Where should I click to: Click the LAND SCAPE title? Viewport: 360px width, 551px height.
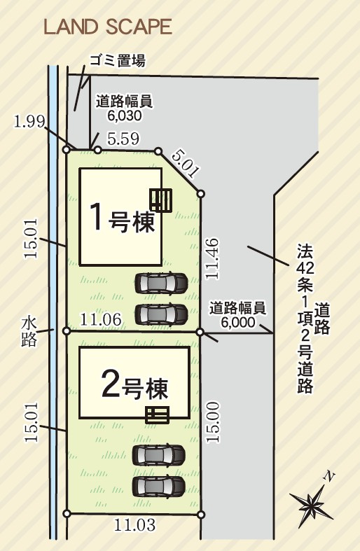[107, 27]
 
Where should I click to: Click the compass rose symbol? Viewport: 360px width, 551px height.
[311, 501]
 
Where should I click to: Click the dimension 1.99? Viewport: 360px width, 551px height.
[29, 121]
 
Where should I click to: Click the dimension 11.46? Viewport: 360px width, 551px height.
[213, 259]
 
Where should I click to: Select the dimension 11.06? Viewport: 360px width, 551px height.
[102, 320]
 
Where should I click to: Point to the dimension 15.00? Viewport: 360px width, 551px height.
[213, 421]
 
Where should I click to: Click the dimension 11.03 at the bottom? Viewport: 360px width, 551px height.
[134, 524]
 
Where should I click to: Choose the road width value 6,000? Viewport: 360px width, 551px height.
[237, 321]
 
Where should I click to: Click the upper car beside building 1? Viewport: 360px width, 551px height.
[160, 284]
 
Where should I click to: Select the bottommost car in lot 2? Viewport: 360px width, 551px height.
[160, 485]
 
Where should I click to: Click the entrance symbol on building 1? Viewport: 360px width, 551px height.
[162, 200]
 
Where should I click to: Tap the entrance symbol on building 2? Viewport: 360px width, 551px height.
[158, 414]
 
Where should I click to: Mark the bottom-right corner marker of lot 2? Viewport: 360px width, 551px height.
[202, 515]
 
